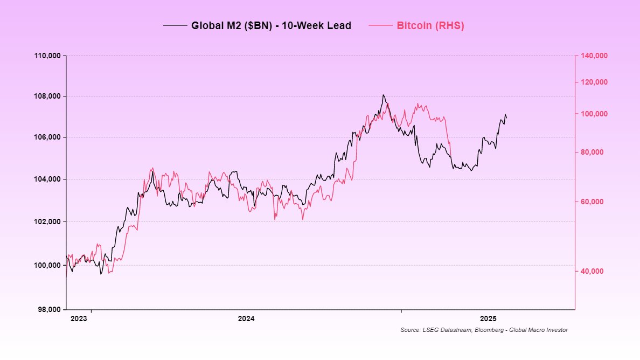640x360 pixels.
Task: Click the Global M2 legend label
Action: [271, 25]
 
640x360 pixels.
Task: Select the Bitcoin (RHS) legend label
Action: [430, 25]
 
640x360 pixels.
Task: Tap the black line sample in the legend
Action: [174, 25]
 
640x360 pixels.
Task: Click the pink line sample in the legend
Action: [380, 25]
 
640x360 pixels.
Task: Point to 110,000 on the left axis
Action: [48, 56]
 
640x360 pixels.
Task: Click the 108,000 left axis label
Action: [48, 96]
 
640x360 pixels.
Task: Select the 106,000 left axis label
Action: [48, 137]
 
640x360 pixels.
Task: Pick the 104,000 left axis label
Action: [48, 179]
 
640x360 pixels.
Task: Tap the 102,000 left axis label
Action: [48, 221]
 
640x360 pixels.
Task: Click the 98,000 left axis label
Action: [48, 309]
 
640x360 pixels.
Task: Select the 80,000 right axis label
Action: [592, 153]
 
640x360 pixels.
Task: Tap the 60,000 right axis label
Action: [592, 202]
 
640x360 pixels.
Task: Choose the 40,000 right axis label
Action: [592, 271]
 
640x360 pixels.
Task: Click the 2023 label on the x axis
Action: [79, 318]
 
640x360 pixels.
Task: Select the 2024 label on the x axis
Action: [246, 318]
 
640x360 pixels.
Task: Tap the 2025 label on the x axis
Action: [488, 318]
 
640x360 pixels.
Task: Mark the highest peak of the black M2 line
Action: [382, 95]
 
